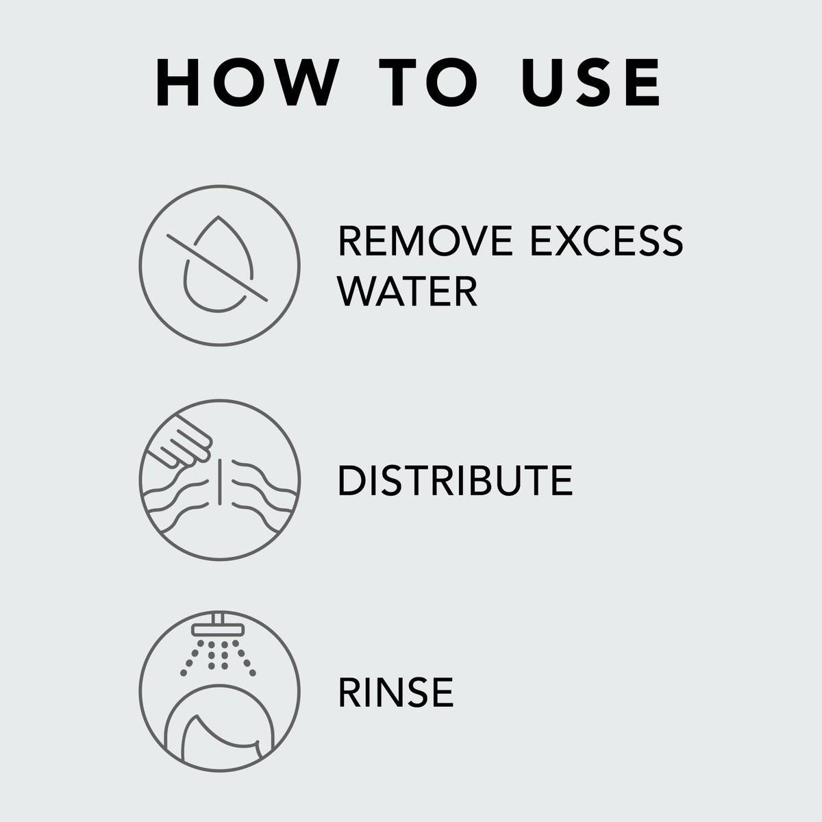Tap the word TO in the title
point(428,82)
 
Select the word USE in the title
point(590,82)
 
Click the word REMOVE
point(425,241)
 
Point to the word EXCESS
point(607,241)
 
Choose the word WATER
point(408,291)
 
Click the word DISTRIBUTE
point(455,480)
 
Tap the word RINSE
point(395,693)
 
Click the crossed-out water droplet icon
point(220,266)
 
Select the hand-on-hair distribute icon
point(220,480)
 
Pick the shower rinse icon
point(220,691)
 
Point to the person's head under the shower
point(219,725)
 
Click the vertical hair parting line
point(219,481)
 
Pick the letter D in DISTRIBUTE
point(353,480)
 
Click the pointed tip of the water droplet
point(219,216)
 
